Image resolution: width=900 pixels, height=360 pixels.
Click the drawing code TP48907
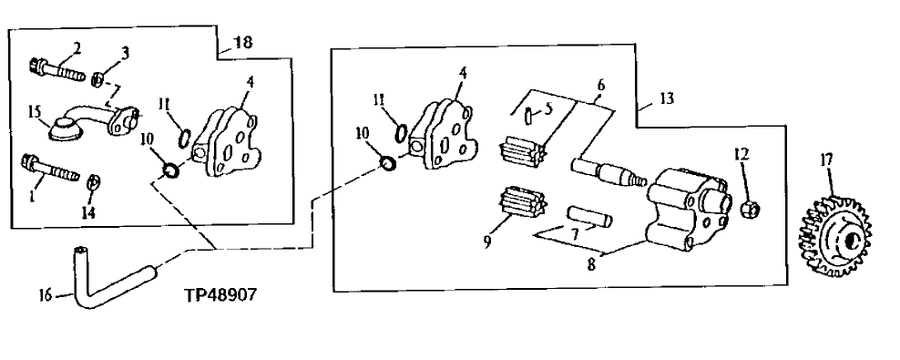220,295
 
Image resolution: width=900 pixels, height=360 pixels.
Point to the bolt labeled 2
54,67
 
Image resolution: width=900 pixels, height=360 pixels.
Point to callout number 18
243,42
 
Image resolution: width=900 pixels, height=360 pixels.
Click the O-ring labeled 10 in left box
170,170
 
